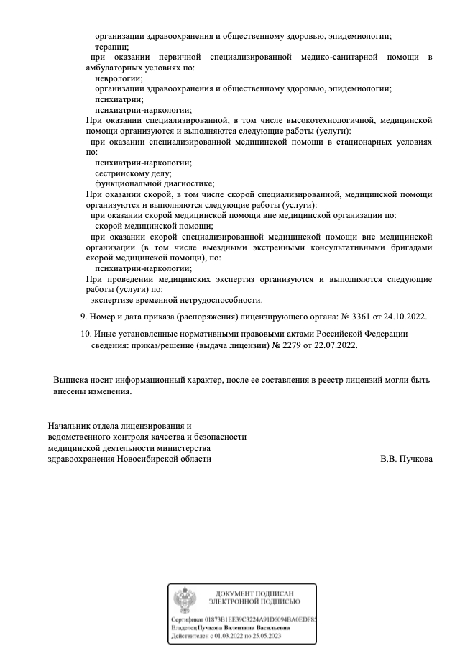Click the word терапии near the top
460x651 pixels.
112,46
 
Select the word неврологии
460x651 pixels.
119,78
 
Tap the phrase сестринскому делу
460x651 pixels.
124,173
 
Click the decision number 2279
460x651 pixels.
293,345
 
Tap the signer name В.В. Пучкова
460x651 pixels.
406,458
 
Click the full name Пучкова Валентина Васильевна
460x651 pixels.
254,627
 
